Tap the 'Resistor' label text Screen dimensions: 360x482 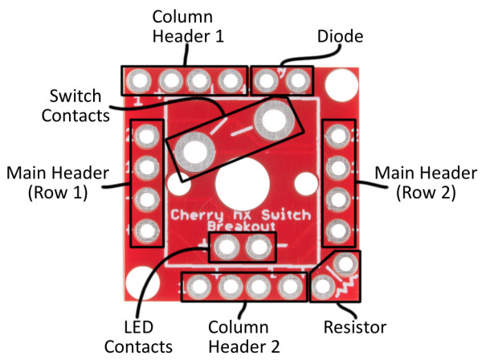[356, 328]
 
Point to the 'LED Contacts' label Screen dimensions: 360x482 [149, 337]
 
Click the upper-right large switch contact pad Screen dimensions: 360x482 [271, 122]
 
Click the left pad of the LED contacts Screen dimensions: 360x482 [227, 246]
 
